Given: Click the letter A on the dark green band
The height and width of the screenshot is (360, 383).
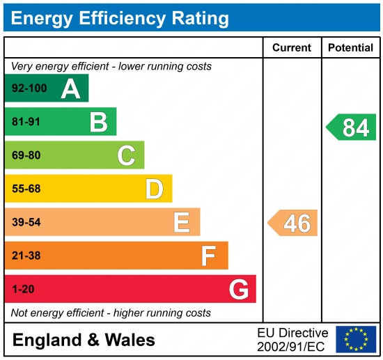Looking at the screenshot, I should (70, 89).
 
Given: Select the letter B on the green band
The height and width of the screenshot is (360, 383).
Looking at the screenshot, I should (98, 123).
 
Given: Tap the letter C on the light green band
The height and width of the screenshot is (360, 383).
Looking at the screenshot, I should (126, 155).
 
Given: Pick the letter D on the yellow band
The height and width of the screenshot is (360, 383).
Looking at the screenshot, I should (154, 189).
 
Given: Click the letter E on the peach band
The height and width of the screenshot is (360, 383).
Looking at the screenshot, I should (181, 222).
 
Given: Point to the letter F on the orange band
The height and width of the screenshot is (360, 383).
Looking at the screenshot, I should (208, 256).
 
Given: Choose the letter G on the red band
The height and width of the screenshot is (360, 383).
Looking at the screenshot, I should (238, 289).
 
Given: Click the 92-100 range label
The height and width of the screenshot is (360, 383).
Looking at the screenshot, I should (29, 89).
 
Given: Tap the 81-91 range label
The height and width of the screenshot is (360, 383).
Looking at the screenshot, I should (26, 123).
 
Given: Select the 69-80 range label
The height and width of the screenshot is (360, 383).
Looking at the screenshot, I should (26, 155).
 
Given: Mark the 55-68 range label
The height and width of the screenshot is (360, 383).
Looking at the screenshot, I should (26, 189).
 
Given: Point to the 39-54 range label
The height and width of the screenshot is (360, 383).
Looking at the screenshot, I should (26, 222).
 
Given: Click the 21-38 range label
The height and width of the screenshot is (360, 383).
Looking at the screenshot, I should (26, 256).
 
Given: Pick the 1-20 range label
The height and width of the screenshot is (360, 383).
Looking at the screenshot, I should (23, 289).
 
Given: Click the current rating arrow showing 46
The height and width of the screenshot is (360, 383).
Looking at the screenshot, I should (293, 223).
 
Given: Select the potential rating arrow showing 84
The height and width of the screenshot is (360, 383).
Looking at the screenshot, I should (352, 127).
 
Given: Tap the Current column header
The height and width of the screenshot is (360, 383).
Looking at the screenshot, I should (291, 48).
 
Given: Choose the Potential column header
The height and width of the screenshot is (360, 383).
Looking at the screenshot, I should (350, 48).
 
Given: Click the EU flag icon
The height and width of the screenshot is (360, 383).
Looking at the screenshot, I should (355, 339).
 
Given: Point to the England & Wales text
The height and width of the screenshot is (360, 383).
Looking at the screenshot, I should (84, 341).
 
